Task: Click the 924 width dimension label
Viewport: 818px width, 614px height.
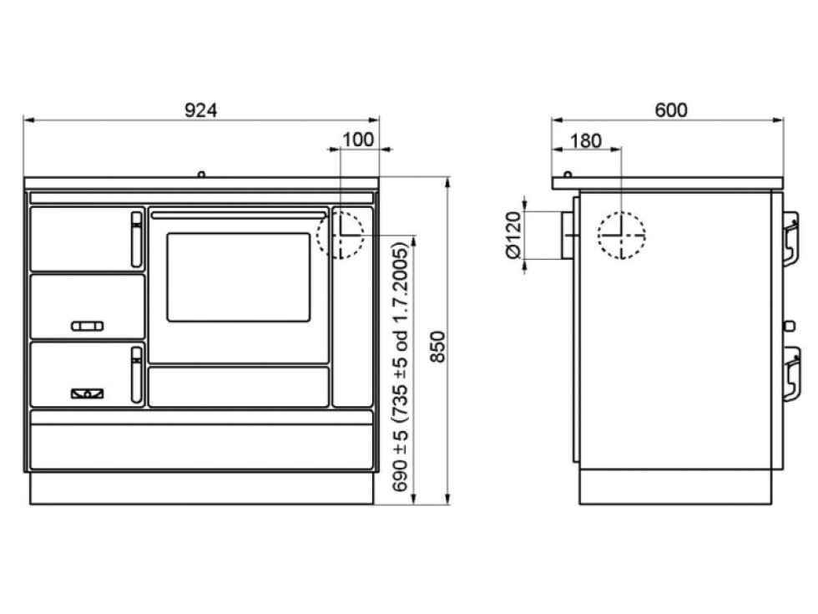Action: pos(201,110)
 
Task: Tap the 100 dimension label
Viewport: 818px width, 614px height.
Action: pos(358,140)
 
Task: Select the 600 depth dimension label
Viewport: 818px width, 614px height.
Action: pos(671,110)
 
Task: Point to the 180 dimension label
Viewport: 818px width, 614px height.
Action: pos(586,141)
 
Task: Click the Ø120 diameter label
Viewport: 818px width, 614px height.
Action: pos(514,235)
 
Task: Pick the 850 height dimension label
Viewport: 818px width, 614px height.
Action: pos(437,347)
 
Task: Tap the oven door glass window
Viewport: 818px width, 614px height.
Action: pos(239,277)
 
